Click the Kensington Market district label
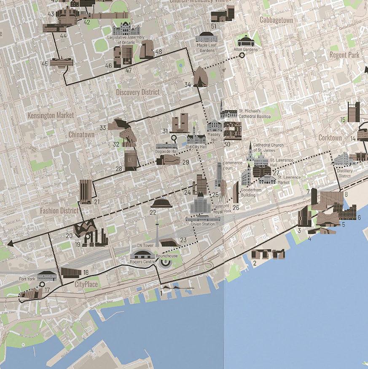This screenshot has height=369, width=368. pyautogui.click(x=51, y=115)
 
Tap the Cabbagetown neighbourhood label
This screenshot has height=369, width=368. pyautogui.click(x=276, y=20)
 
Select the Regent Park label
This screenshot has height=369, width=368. pyautogui.click(x=344, y=55)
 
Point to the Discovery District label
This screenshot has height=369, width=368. pyautogui.click(x=138, y=92)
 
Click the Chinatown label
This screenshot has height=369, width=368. pyautogui.click(x=81, y=135)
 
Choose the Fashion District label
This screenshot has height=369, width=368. pyautogui.click(x=59, y=210)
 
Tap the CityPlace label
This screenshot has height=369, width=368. pyautogui.click(x=86, y=285)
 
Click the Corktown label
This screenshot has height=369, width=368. pyautogui.click(x=330, y=138)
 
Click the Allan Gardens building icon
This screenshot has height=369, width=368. pyautogui.click(x=245, y=41)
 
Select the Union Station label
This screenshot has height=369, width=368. pyautogui.click(x=203, y=224)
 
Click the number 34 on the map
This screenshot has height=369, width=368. pyautogui.click(x=188, y=85)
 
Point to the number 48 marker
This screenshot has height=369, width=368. pyautogui.click(x=158, y=52)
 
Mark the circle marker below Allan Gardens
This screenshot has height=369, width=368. pyautogui.click(x=242, y=55)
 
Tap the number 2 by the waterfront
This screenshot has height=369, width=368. pyautogui.click(x=255, y=264)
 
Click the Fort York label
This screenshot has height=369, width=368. pyautogui.click(x=27, y=279)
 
